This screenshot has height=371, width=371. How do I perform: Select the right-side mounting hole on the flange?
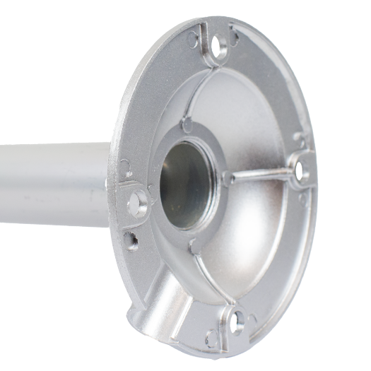click(300, 169)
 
